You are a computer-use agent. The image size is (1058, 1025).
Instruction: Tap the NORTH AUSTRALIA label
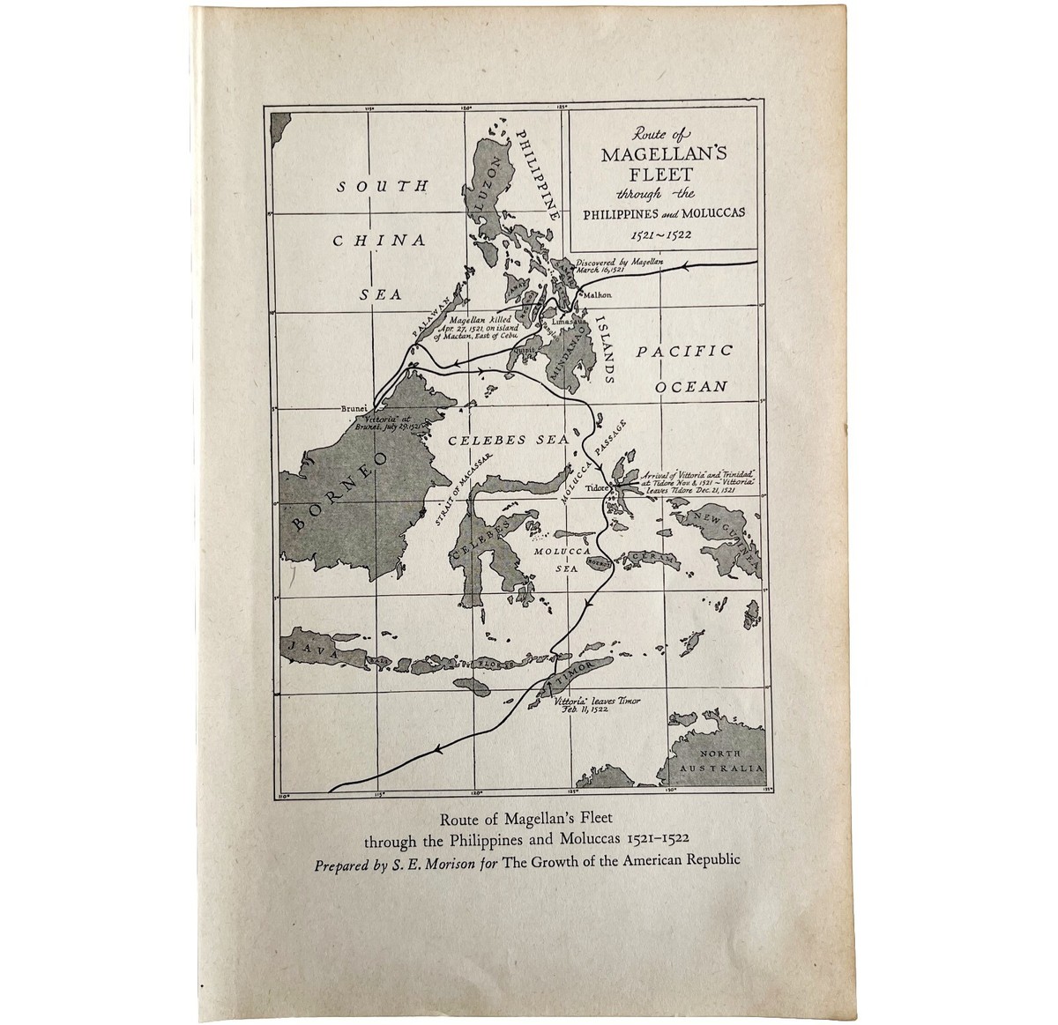point(728,761)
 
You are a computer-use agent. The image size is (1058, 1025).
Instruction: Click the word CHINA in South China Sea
point(385,240)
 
